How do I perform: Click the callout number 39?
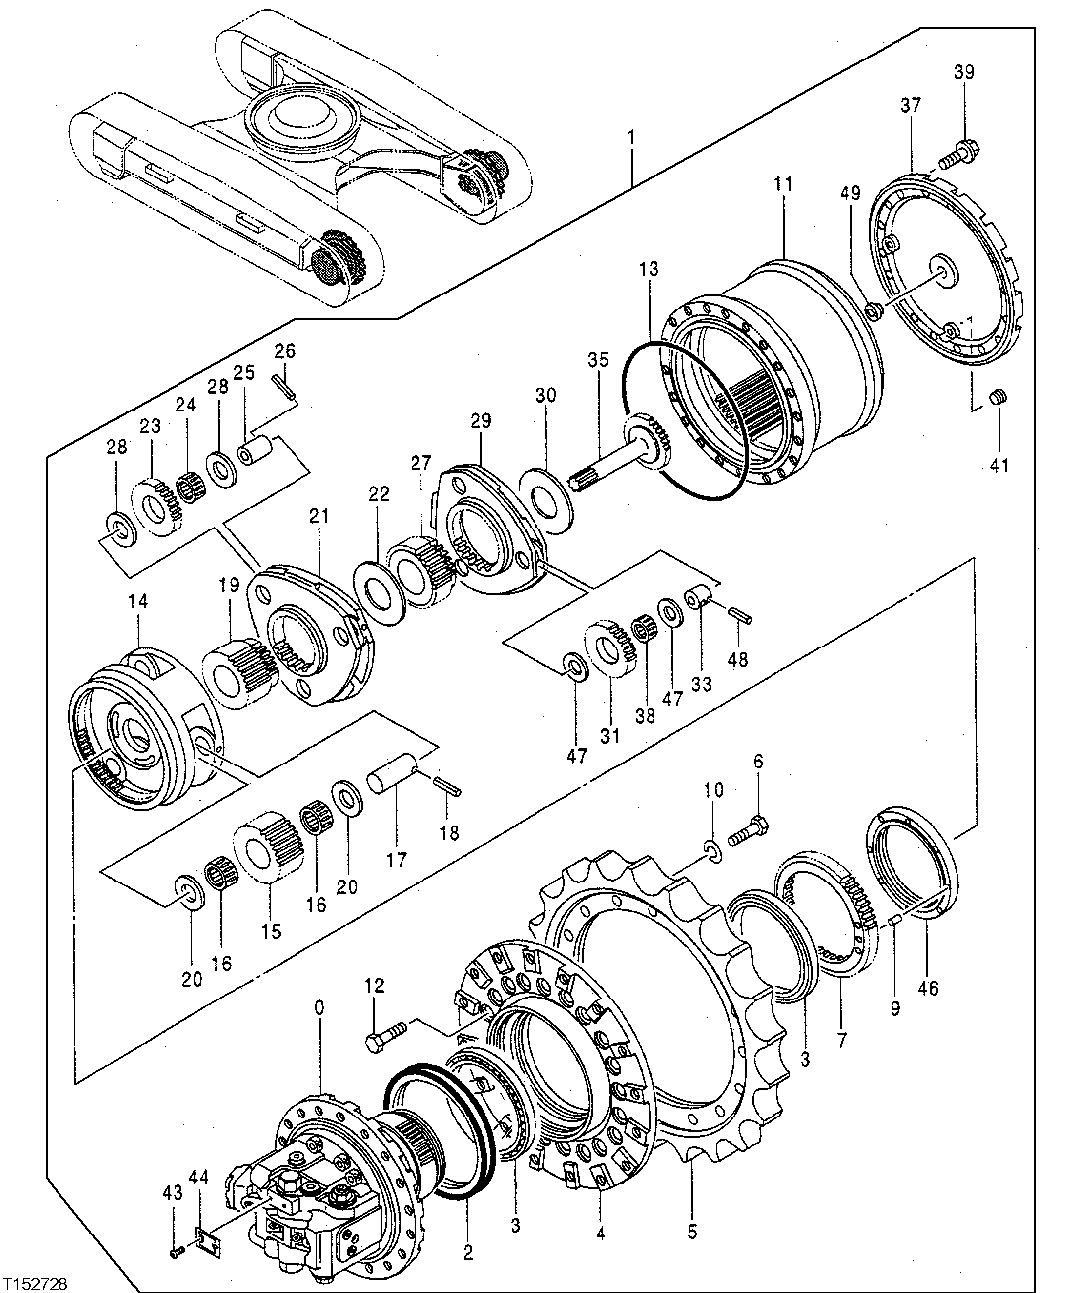[x=964, y=72]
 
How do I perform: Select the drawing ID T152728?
[x=36, y=1283]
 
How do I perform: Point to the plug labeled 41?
[x=1000, y=399]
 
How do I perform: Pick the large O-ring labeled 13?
[x=684, y=416]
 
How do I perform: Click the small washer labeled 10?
[x=711, y=848]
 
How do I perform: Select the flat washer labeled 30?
[x=545, y=488]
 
